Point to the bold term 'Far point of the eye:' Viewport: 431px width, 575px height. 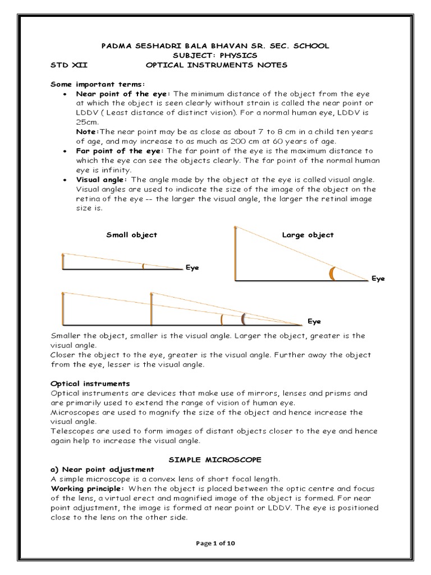tap(120, 152)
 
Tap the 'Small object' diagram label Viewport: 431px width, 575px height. tap(131, 235)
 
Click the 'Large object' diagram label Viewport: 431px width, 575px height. tap(308, 235)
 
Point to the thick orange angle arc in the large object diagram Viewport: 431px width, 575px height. tap(332, 273)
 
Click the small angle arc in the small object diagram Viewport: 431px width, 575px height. tap(143, 266)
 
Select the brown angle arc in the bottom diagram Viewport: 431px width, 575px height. tap(242, 319)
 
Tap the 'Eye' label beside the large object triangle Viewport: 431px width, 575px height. tap(378, 279)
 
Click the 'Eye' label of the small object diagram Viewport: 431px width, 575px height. tap(192, 268)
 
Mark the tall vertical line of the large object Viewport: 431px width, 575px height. tap(235, 253)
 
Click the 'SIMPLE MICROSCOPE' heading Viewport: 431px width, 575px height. tap(216, 459)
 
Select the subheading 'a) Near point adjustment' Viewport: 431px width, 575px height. tap(102, 469)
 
